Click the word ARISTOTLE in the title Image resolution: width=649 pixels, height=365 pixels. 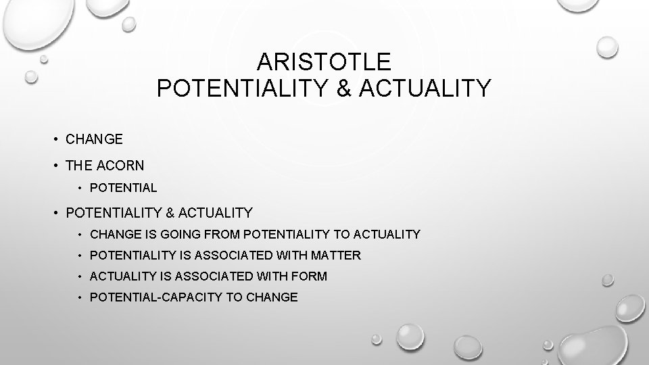pos(324,62)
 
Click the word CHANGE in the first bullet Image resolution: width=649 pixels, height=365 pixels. pos(95,139)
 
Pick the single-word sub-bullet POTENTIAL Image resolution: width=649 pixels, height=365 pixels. pos(123,188)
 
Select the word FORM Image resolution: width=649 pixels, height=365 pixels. pos(310,276)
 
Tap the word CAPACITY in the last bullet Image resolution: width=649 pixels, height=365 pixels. pos(185,297)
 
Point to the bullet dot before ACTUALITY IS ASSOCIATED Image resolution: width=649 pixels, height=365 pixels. pos(80,276)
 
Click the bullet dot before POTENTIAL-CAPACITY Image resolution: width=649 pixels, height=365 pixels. pos(80,297)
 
